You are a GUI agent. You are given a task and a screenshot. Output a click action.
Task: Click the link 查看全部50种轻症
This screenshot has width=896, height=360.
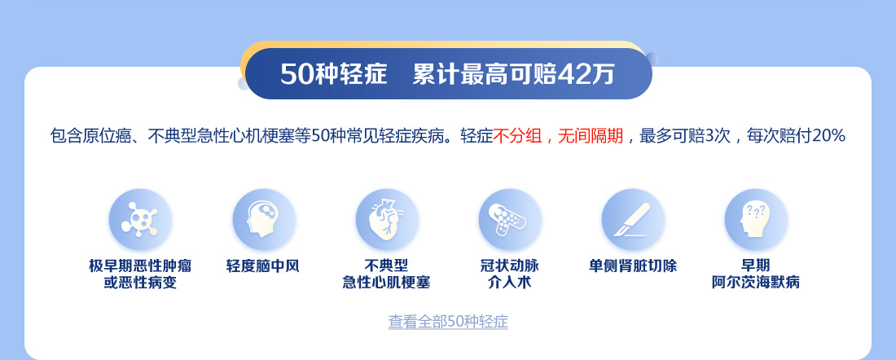coord(448,322)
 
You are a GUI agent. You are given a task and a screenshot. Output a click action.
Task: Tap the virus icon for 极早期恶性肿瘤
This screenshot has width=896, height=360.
coord(140,220)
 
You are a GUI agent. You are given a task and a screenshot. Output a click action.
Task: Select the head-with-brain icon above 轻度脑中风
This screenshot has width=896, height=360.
coord(263,220)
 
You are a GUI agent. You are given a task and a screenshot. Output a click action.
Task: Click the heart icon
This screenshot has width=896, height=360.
coord(387,220)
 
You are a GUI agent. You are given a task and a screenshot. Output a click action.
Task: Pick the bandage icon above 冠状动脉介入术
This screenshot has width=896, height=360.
coord(510,220)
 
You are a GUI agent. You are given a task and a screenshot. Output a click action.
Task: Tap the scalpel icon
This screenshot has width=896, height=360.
coord(633,220)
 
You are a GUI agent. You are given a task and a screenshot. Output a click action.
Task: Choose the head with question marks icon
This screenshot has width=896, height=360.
coord(755,220)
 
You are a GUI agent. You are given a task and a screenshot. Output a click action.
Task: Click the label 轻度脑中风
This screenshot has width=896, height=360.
coord(263,266)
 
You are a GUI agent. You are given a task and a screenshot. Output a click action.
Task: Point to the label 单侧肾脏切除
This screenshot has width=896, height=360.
coord(633,266)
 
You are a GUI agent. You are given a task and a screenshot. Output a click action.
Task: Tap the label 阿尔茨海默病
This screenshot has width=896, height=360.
coord(755,283)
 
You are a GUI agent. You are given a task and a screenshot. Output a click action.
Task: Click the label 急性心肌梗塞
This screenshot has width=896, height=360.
coord(386,283)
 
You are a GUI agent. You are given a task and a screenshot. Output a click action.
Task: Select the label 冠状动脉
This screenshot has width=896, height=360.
coord(510,266)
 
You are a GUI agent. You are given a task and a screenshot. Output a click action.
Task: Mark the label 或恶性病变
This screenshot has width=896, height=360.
coord(140,283)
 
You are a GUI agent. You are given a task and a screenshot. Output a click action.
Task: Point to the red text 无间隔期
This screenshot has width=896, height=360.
coord(591,136)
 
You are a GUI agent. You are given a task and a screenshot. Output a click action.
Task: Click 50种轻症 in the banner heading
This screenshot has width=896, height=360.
coord(334,74)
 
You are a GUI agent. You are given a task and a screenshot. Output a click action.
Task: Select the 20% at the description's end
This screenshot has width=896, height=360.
coord(828,136)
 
